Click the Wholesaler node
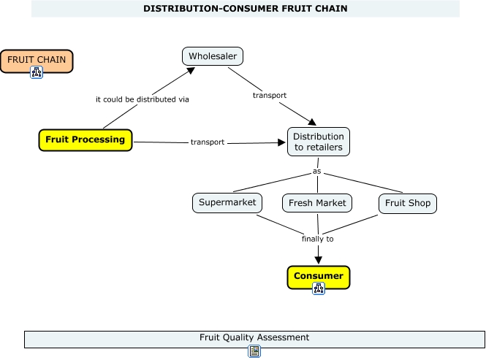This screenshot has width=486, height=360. click(x=212, y=56)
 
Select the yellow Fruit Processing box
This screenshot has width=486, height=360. click(x=86, y=139)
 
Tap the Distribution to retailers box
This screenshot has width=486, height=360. click(x=318, y=142)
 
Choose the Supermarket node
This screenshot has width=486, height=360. click(x=227, y=202)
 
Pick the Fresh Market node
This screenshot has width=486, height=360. click(x=317, y=203)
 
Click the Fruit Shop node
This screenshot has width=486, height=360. click(x=407, y=203)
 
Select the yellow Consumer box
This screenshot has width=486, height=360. click(x=318, y=276)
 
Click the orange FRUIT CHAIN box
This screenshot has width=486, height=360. click(x=37, y=60)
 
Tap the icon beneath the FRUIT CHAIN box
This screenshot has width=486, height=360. click(x=37, y=72)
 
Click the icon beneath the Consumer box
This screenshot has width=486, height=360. click(x=319, y=288)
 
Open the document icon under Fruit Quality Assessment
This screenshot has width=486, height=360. click(x=254, y=351)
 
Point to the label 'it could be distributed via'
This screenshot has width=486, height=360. click(x=143, y=99)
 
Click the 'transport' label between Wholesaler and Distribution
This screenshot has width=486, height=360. click(x=269, y=95)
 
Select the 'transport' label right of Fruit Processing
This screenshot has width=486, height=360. click(x=208, y=142)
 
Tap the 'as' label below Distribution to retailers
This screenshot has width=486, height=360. click(x=317, y=172)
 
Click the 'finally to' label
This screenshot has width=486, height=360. click(x=318, y=239)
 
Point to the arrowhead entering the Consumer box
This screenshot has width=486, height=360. click(x=318, y=258)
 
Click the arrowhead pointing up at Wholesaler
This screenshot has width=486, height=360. click(x=190, y=71)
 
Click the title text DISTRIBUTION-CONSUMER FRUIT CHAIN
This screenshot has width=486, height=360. click(x=245, y=9)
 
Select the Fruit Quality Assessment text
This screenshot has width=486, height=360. click(x=254, y=337)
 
